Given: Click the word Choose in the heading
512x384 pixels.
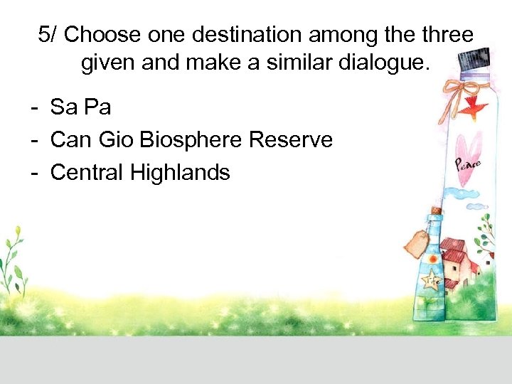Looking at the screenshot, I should pyautogui.click(x=100, y=34).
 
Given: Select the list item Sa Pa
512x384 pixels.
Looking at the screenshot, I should pyautogui.click(x=80, y=107).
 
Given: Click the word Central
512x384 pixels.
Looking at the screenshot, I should pyautogui.click(x=86, y=172).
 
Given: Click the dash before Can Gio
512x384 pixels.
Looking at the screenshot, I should pyautogui.click(x=33, y=140).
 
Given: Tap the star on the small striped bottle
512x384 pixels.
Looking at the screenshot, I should pyautogui.click(x=431, y=280).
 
